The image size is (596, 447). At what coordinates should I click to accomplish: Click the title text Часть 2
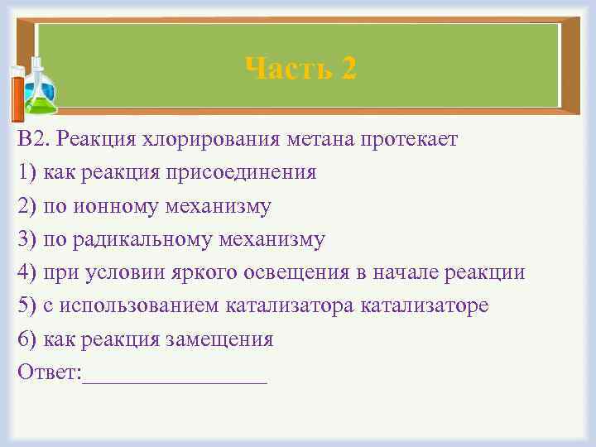point(301,68)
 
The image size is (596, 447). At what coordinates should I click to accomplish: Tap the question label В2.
point(35,140)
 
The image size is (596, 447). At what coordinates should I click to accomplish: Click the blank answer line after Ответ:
point(175,377)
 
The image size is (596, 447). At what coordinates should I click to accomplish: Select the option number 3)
point(26,239)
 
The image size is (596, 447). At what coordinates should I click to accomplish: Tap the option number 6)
point(26,339)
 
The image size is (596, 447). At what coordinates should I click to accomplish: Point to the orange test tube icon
point(17,95)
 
